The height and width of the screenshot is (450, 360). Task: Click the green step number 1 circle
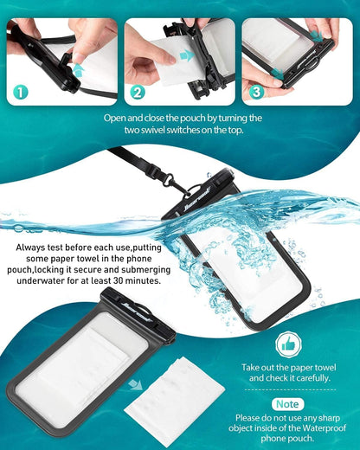pos(19,90)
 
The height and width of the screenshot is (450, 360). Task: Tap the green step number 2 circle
pos(138,90)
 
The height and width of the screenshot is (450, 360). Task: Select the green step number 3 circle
pos(256,90)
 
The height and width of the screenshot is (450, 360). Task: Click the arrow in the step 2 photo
pos(185,55)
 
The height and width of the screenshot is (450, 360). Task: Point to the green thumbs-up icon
pos(288,344)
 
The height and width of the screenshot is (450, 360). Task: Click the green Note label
pos(287,403)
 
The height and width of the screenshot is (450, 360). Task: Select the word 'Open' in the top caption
pos(114,118)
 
